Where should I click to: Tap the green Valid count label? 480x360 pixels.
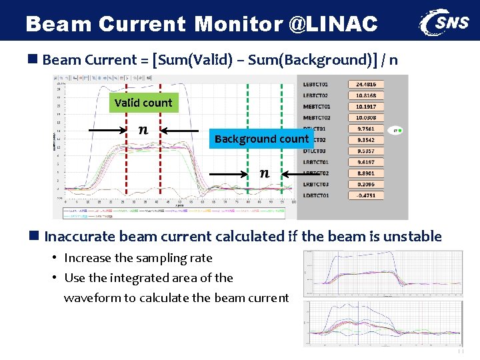point(143,103)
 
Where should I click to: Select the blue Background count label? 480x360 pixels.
point(261,139)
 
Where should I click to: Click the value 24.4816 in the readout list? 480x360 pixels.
point(365,85)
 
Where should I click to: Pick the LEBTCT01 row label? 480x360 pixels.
point(316,85)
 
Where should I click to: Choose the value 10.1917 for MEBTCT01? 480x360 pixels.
point(365,107)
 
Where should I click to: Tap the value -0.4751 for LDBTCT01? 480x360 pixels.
point(365,196)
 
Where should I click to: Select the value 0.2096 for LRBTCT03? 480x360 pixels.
point(365,185)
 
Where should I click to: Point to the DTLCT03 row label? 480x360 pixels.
point(316,151)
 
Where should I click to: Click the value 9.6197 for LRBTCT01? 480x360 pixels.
point(365,162)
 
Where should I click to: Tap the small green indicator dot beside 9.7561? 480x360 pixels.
point(400,130)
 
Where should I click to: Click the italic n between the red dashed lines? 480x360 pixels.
point(143,129)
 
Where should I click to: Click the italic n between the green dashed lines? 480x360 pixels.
point(265,173)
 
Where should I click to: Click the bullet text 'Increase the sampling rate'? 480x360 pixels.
point(138,258)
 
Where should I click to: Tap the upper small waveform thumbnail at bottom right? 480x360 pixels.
point(383,273)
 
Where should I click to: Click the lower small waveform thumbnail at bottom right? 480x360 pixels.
point(383,323)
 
